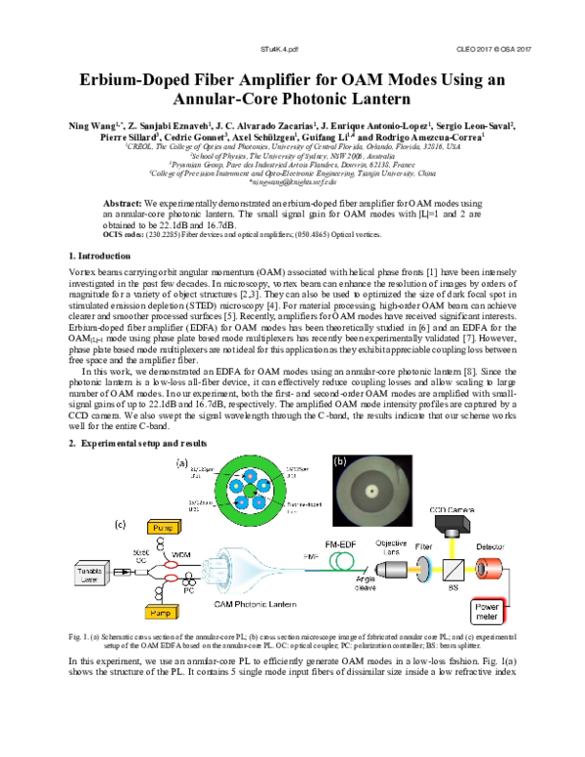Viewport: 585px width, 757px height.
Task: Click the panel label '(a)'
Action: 181,461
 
